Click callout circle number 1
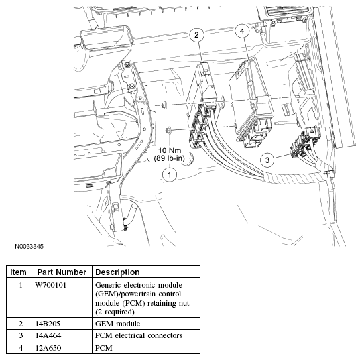click(x=170, y=174)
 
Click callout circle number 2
click(x=196, y=36)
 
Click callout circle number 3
click(x=267, y=159)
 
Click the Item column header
click(x=19, y=272)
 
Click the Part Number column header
click(x=62, y=272)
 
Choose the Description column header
click(x=118, y=272)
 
